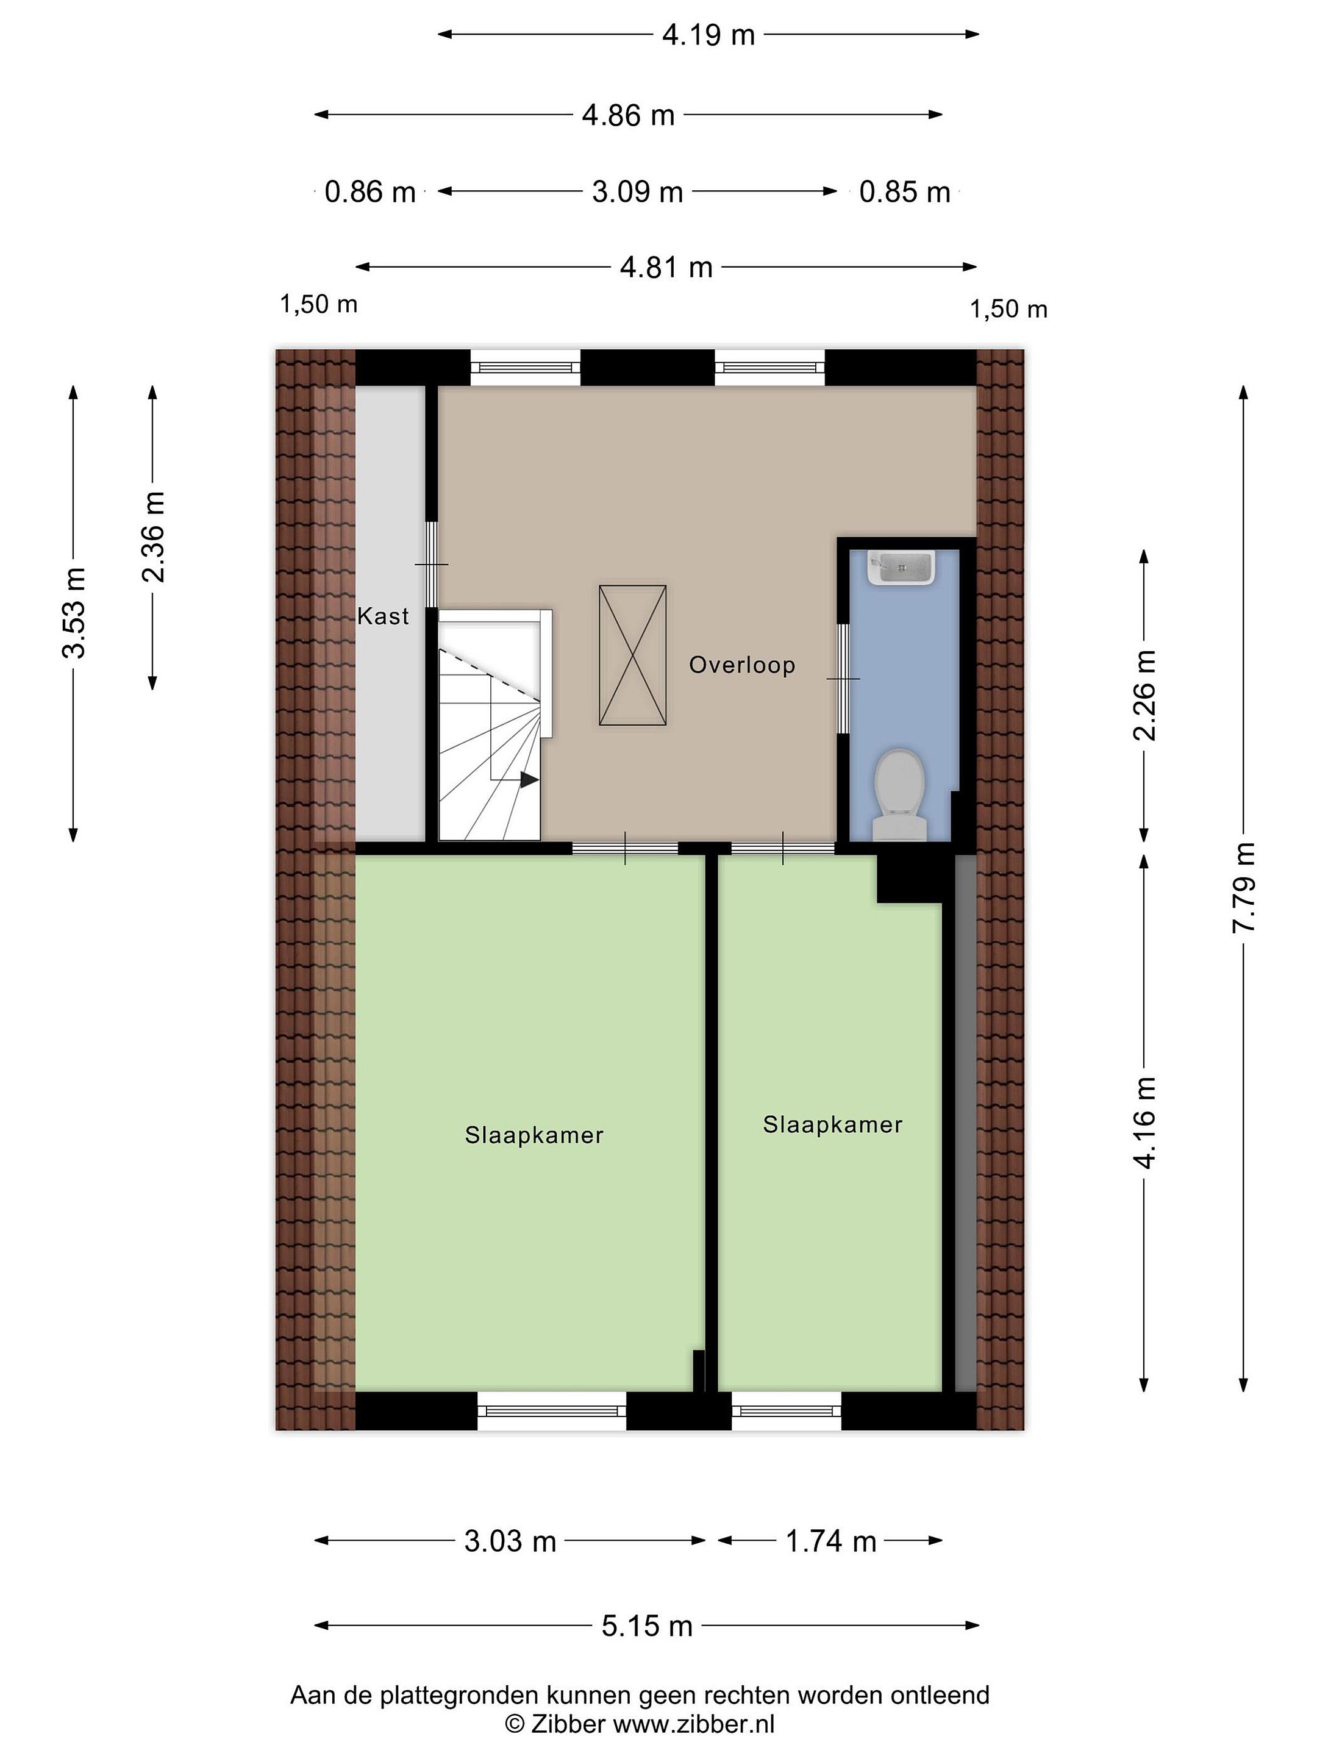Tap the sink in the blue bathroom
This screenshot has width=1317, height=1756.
[900, 568]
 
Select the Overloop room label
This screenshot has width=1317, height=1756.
[741, 665]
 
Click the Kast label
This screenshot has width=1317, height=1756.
[383, 616]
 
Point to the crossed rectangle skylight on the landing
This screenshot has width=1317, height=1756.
[633, 655]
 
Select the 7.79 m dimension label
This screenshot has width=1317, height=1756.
[1243, 888]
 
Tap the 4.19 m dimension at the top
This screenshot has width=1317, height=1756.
[708, 35]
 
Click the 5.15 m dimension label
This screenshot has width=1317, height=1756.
[647, 1627]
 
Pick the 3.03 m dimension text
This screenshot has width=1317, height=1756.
[510, 1541]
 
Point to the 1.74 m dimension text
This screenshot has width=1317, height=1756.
[830, 1541]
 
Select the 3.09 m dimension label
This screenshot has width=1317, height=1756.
[637, 191]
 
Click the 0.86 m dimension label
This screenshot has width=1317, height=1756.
[370, 191]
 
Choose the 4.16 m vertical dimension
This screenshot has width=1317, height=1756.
[1144, 1122]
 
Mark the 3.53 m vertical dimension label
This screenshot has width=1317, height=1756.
[74, 613]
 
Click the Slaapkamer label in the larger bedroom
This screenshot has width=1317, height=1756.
[534, 1135]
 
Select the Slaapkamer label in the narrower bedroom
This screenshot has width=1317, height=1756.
[833, 1124]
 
